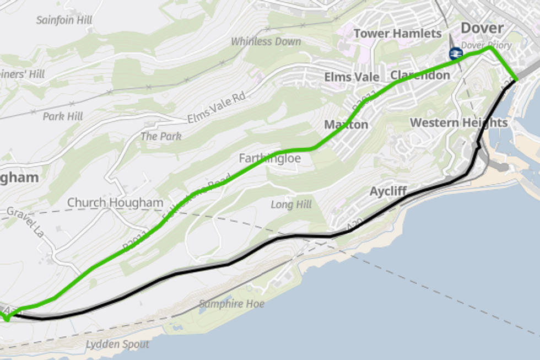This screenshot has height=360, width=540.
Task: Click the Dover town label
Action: pos(482,29)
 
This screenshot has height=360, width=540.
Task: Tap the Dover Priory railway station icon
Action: pos(455,53)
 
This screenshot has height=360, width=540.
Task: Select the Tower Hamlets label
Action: pos(397,34)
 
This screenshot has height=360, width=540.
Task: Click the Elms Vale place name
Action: pos(352,77)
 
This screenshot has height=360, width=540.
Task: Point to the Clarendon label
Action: pos(420,75)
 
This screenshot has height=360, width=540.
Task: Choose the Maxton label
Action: pos(346,125)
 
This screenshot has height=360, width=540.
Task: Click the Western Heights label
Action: pos(458,122)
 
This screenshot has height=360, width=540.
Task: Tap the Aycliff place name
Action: pos(388,191)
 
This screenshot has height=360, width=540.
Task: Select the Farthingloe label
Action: pos(270,158)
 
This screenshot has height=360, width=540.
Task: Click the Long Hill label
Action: pos(291,205)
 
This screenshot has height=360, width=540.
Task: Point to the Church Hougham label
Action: pos(115,202)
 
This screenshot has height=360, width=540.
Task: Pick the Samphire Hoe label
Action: pos(231,304)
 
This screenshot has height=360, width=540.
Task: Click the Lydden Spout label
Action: pos(117,345)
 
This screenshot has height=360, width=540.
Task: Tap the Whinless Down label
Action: pos(266,41)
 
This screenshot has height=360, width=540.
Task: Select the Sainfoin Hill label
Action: pos(64,20)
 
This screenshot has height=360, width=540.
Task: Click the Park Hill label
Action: pos(63,116)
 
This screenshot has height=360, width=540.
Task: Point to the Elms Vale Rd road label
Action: pos(215,109)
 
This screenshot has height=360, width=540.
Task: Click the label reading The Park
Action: pos(161,136)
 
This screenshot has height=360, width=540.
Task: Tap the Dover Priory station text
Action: pos(486,45)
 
